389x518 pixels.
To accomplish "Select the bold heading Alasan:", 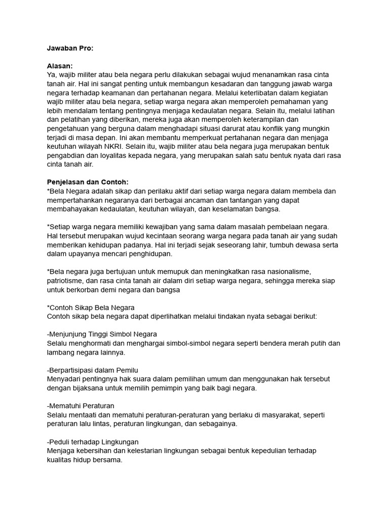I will point(59,66).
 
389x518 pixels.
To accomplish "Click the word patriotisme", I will point(68,280).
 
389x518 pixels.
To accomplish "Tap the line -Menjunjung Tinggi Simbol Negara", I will point(101,334).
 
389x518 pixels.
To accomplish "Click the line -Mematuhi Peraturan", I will point(80,406).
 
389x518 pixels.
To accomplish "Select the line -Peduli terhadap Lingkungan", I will point(92,442).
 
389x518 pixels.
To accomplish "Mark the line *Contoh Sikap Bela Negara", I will point(90,307).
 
